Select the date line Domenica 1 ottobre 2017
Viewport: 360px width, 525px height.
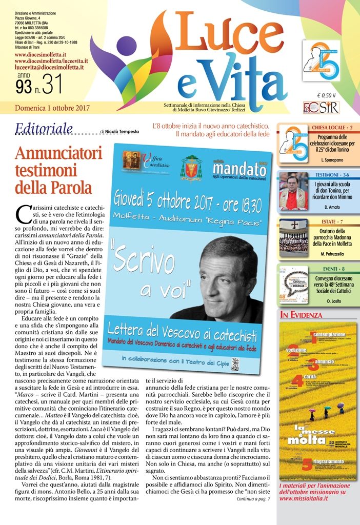(x=52, y=108)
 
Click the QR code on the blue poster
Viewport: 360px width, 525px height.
(x=250, y=361)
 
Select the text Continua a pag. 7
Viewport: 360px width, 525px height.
(x=253, y=498)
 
